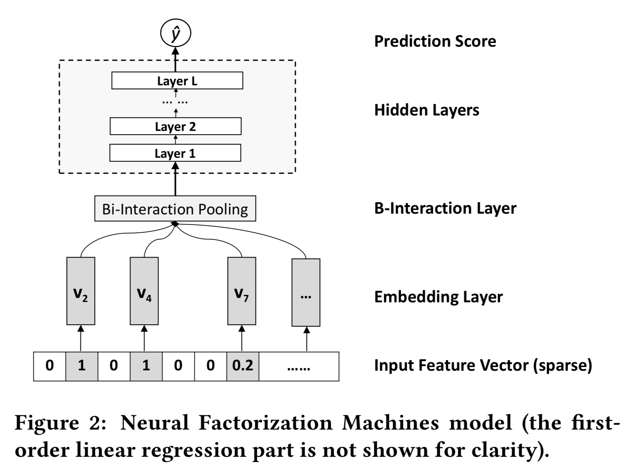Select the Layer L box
[x=177, y=81]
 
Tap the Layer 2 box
[x=175, y=127]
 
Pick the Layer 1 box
[x=175, y=153]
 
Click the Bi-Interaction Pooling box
[x=175, y=209]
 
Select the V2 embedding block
[x=81, y=291]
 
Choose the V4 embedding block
[x=144, y=291]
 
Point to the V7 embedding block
[x=242, y=291]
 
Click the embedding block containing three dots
[x=306, y=292]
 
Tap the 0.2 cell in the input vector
[x=243, y=366]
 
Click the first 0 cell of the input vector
[x=49, y=366]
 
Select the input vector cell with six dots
[x=299, y=366]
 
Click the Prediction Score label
[x=435, y=41]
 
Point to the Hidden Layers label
[x=427, y=110]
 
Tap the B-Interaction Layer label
[x=445, y=208]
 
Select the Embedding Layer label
[x=438, y=297]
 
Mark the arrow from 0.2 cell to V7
[x=242, y=338]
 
